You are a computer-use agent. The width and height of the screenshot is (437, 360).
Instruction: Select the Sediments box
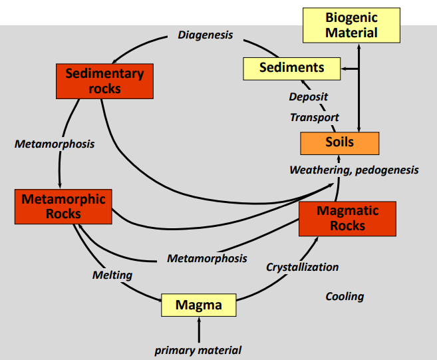point(292,68)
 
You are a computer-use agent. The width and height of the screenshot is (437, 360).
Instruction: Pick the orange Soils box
point(339,142)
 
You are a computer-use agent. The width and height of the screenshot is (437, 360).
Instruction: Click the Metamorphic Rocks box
point(63,206)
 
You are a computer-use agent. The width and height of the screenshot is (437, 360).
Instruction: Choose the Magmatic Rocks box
point(347,218)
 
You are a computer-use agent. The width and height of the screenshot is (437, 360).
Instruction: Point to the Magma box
point(199,305)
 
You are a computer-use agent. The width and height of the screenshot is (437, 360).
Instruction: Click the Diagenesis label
point(206,35)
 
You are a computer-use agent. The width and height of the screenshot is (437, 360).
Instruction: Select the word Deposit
point(308,97)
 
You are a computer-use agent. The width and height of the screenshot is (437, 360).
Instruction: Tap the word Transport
point(315,118)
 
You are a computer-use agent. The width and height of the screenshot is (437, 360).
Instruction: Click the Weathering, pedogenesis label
point(354,170)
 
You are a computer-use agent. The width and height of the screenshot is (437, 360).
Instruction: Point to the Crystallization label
point(303,267)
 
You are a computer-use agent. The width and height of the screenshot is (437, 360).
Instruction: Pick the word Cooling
point(345,296)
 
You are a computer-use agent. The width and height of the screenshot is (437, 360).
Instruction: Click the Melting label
point(112,275)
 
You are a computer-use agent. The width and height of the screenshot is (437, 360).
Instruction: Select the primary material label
point(198,350)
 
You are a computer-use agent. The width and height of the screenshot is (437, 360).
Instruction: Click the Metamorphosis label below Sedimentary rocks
point(55,144)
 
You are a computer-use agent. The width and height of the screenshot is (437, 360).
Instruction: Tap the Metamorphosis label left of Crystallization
point(207,258)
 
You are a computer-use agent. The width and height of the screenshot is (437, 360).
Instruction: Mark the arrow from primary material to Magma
point(199,330)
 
